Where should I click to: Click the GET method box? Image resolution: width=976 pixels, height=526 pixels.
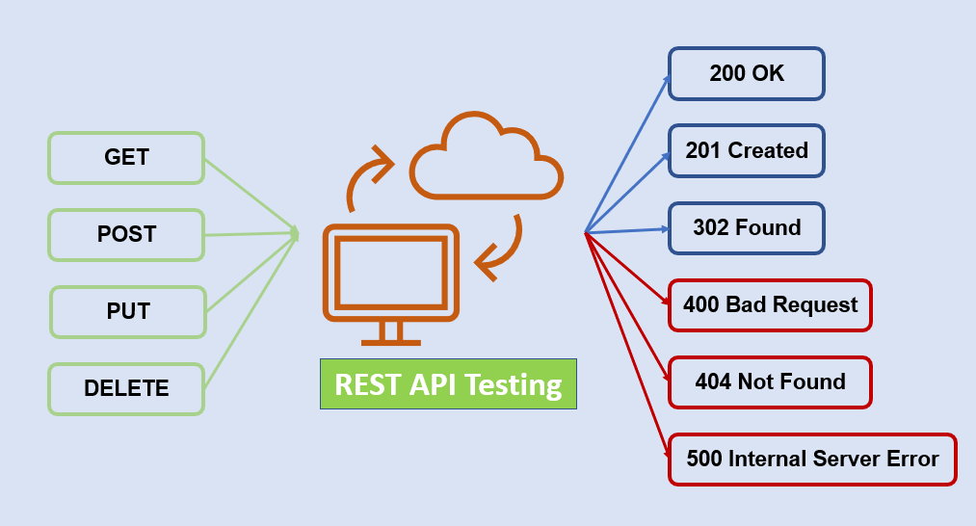coord(126,157)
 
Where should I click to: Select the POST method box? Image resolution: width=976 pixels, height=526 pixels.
coord(126,234)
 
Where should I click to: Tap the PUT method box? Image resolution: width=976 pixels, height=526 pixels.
coord(128,312)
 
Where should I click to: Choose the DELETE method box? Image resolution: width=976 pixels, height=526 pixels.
coord(126,389)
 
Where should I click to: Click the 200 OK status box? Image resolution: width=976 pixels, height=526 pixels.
coord(747,73)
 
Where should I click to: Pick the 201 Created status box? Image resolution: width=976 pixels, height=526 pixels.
coord(747,150)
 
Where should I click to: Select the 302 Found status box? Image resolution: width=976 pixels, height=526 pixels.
coord(747,227)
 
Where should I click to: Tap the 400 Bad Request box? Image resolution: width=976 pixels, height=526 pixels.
coord(770,305)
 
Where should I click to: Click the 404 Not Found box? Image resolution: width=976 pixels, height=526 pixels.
coord(770,382)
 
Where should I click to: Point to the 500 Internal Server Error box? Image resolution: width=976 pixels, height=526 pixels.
coord(812,460)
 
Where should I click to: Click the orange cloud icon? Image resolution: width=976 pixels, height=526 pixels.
coord(486,159)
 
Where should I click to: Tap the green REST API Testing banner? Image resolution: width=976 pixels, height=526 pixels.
coord(448,384)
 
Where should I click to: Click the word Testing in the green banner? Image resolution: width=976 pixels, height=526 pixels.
coord(514,384)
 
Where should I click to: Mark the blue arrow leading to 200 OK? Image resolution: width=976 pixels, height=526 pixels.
coord(626,155)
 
